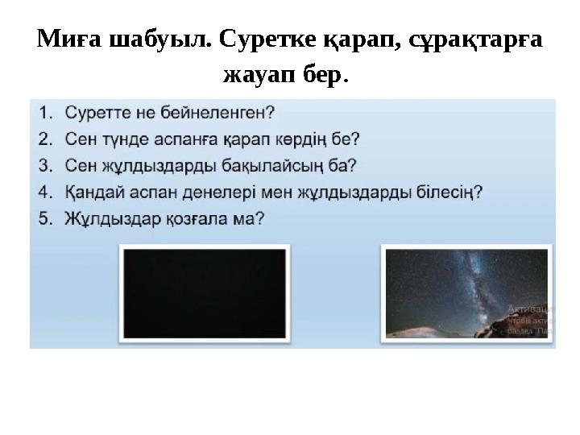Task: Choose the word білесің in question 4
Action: coord(446,193)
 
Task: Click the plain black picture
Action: coord(204,293)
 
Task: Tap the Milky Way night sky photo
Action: coord(467,293)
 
